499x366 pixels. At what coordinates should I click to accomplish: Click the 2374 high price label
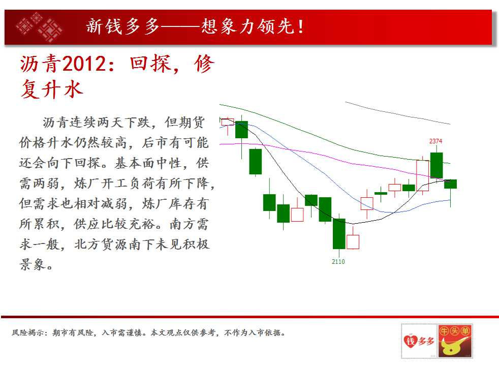(x=435, y=141)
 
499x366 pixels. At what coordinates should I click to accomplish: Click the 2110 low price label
(x=338, y=262)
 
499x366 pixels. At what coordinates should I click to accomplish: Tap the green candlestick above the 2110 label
(x=339, y=233)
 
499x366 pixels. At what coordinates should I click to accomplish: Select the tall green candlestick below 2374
(x=436, y=165)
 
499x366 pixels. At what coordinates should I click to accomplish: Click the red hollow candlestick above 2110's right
(x=353, y=241)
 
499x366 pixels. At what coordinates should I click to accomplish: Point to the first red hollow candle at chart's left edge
(x=227, y=122)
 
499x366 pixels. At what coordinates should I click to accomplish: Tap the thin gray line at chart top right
(x=396, y=113)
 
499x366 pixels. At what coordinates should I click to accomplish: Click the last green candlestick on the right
(x=450, y=184)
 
